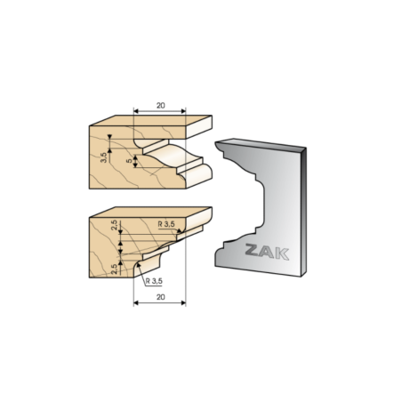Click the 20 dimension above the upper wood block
pos(161,106)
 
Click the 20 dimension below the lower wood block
pos(161,297)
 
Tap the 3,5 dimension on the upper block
pos(103,157)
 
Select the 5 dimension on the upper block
pos(129,161)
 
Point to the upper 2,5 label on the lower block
pos(114,225)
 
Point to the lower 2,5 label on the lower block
pos(114,269)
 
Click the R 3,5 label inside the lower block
pos(166,224)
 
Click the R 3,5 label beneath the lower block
pos(154,281)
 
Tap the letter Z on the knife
pos(253,249)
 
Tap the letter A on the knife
pos(267,252)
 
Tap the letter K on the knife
pos(282,254)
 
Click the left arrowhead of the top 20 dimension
pos(136,111)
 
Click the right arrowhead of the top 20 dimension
pos(183,111)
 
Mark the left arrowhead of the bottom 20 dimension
pos(136,302)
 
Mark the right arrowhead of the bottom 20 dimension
pos(183,302)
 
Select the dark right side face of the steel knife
pos(303,212)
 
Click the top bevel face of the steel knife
pos(261,144)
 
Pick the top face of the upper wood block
pos(150,120)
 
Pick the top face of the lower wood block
pos(150,212)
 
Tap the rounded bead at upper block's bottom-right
pos(197,175)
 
